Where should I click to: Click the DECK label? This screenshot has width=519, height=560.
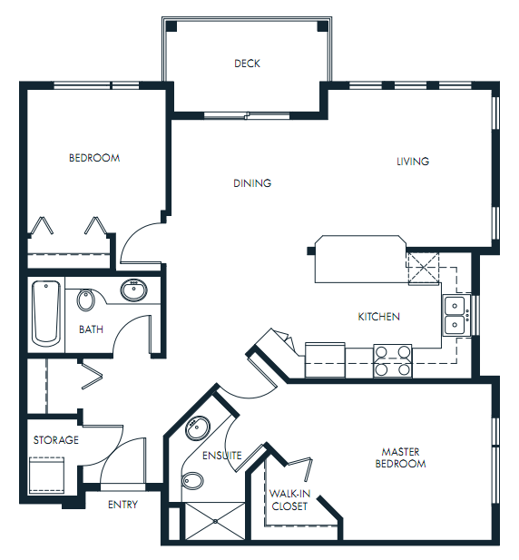(247, 64)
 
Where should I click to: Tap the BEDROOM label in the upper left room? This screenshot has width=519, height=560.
(94, 158)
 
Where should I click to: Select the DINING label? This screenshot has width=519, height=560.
(252, 183)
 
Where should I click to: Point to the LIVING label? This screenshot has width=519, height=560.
(413, 162)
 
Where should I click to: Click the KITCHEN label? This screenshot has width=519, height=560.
(378, 317)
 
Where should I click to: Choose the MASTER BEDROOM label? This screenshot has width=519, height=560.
(404, 457)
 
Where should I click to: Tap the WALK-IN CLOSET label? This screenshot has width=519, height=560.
(289, 500)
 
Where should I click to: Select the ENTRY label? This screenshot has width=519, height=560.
(122, 505)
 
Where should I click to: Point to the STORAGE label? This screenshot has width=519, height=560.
(56, 440)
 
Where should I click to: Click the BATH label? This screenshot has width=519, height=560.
(91, 329)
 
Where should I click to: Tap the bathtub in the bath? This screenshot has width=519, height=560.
(46, 313)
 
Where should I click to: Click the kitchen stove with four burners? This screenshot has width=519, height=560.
(393, 360)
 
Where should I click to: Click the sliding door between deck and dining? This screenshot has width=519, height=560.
(247, 114)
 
